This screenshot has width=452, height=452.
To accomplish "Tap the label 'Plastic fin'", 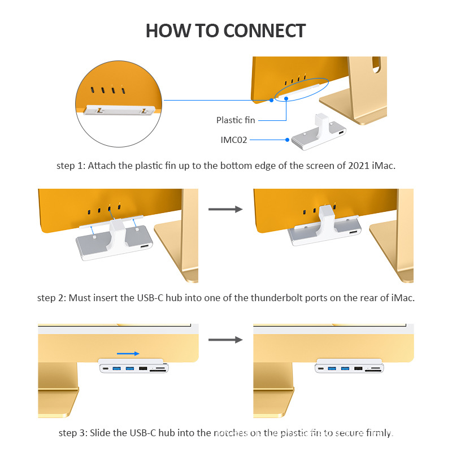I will [x=236, y=120].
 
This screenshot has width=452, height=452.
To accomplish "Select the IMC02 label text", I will [x=233, y=139].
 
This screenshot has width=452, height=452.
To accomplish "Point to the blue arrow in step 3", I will [x=129, y=354].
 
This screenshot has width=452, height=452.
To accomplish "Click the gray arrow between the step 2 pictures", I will [x=225, y=210].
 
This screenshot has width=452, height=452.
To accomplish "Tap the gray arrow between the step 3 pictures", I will [x=225, y=340].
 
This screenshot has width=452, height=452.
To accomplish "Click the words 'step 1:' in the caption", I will [x=70, y=166].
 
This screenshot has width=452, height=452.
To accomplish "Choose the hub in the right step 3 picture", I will [x=349, y=368].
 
